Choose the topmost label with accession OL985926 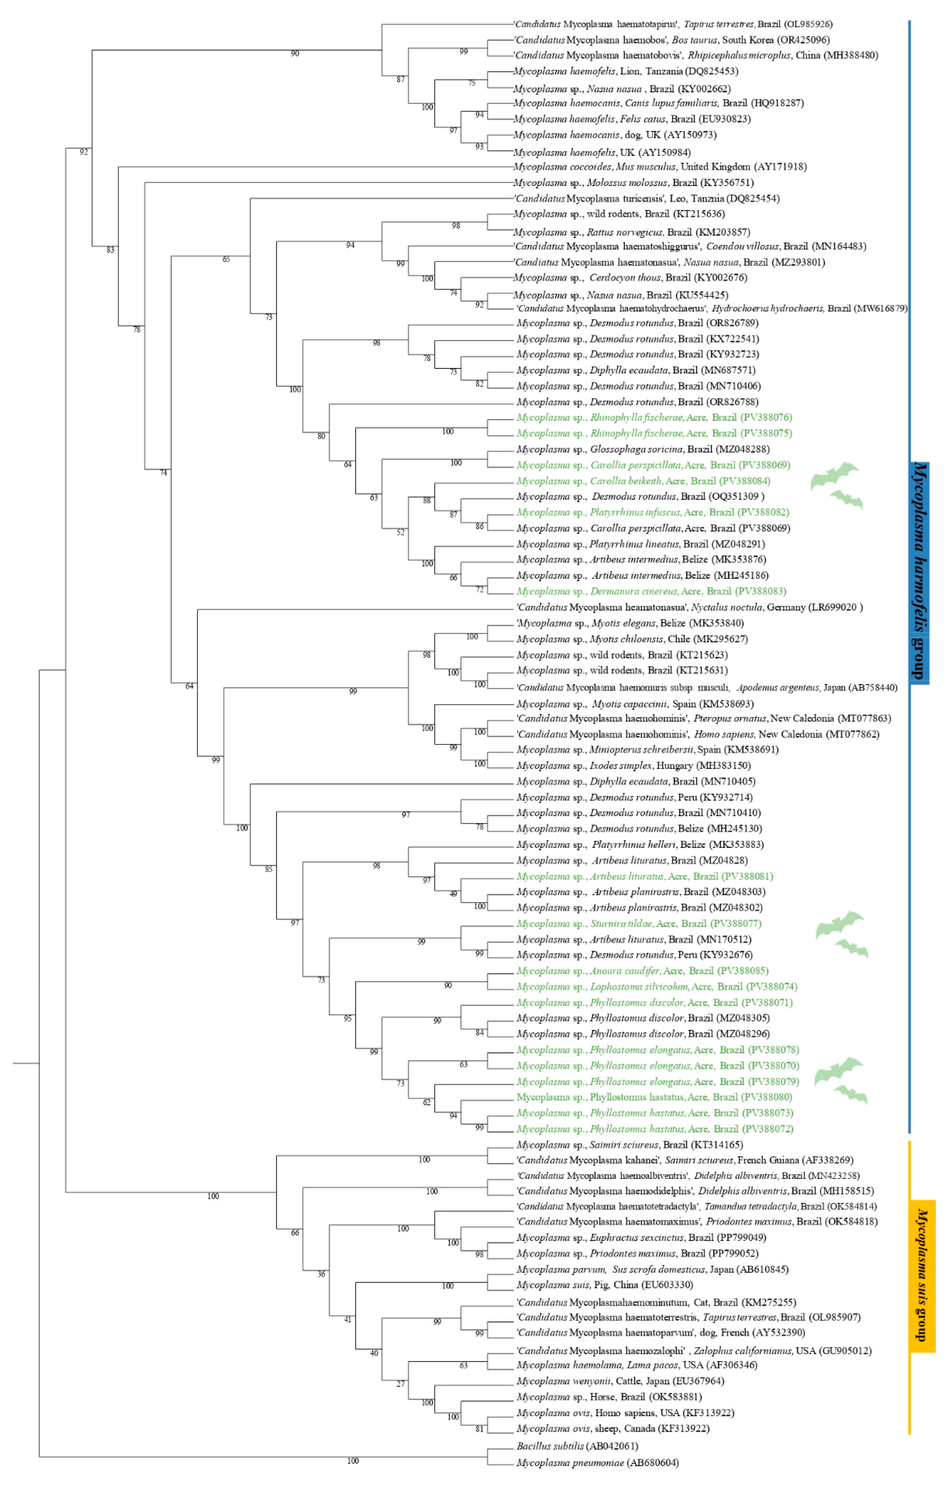[673, 24]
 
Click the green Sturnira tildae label [639, 923]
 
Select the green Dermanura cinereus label [651, 591]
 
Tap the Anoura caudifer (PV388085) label [642, 971]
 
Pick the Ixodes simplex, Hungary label [633, 765]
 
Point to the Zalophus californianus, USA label [694, 1351]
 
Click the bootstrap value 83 [110, 250]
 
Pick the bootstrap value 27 [401, 1383]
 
